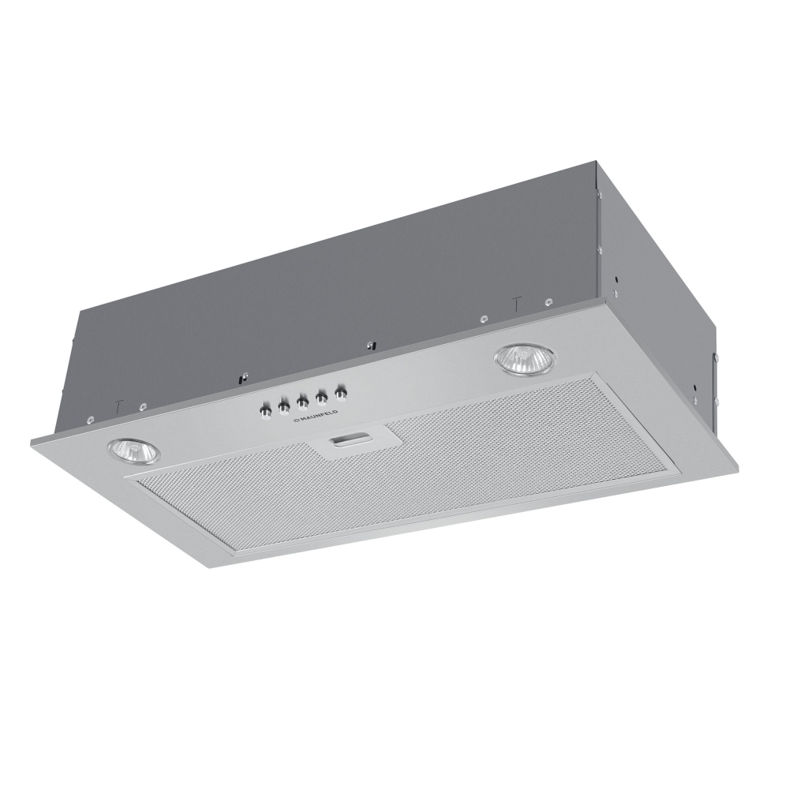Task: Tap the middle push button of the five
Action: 302,402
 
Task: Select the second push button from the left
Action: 282,407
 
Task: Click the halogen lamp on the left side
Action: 133,452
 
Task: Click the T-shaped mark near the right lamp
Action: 517,302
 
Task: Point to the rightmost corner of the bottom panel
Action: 739,467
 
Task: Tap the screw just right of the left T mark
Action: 142,406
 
